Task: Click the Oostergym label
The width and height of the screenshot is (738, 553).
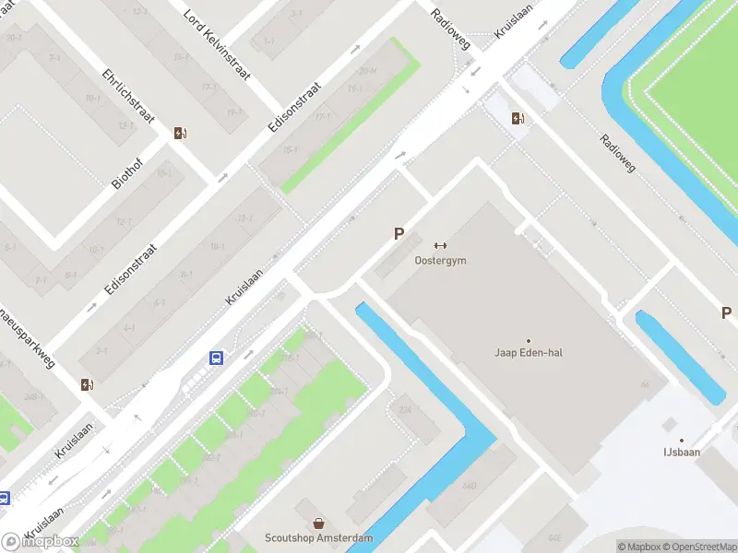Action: [440, 261]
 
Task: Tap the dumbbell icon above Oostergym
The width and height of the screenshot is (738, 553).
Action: [440, 245]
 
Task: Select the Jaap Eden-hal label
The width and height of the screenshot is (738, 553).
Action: [529, 353]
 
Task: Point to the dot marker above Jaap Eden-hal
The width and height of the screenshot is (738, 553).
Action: [529, 340]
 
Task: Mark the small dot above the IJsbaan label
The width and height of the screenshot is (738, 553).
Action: [682, 441]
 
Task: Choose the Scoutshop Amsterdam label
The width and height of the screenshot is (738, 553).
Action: [319, 538]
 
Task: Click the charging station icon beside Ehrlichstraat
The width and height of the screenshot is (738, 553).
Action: [180, 133]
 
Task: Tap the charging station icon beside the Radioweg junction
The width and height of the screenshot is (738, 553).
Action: [518, 117]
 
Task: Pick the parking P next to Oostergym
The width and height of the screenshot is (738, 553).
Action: [399, 234]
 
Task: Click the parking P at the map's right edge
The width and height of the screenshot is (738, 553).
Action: [726, 313]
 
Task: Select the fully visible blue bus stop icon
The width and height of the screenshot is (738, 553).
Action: [217, 359]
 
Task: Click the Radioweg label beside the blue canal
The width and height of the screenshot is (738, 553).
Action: [617, 154]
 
